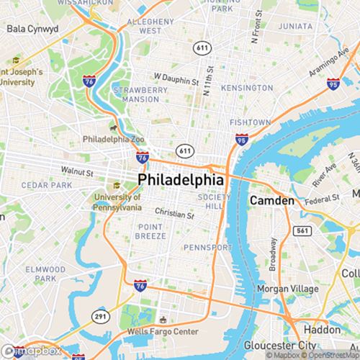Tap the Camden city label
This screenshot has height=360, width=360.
271,200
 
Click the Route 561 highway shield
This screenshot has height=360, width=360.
304,230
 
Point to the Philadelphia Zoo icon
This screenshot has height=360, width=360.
114,127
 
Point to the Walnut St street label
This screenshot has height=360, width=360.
78,173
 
